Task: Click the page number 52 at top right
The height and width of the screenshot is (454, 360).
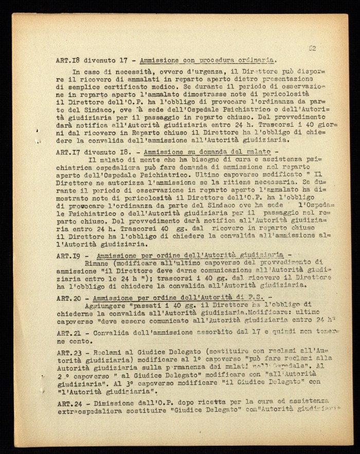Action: pos(312,48)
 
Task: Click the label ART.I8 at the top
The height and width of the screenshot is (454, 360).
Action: pos(67,60)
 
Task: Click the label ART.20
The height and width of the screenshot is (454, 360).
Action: pos(67,298)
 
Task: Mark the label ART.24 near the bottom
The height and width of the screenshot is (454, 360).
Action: pos(67,402)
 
